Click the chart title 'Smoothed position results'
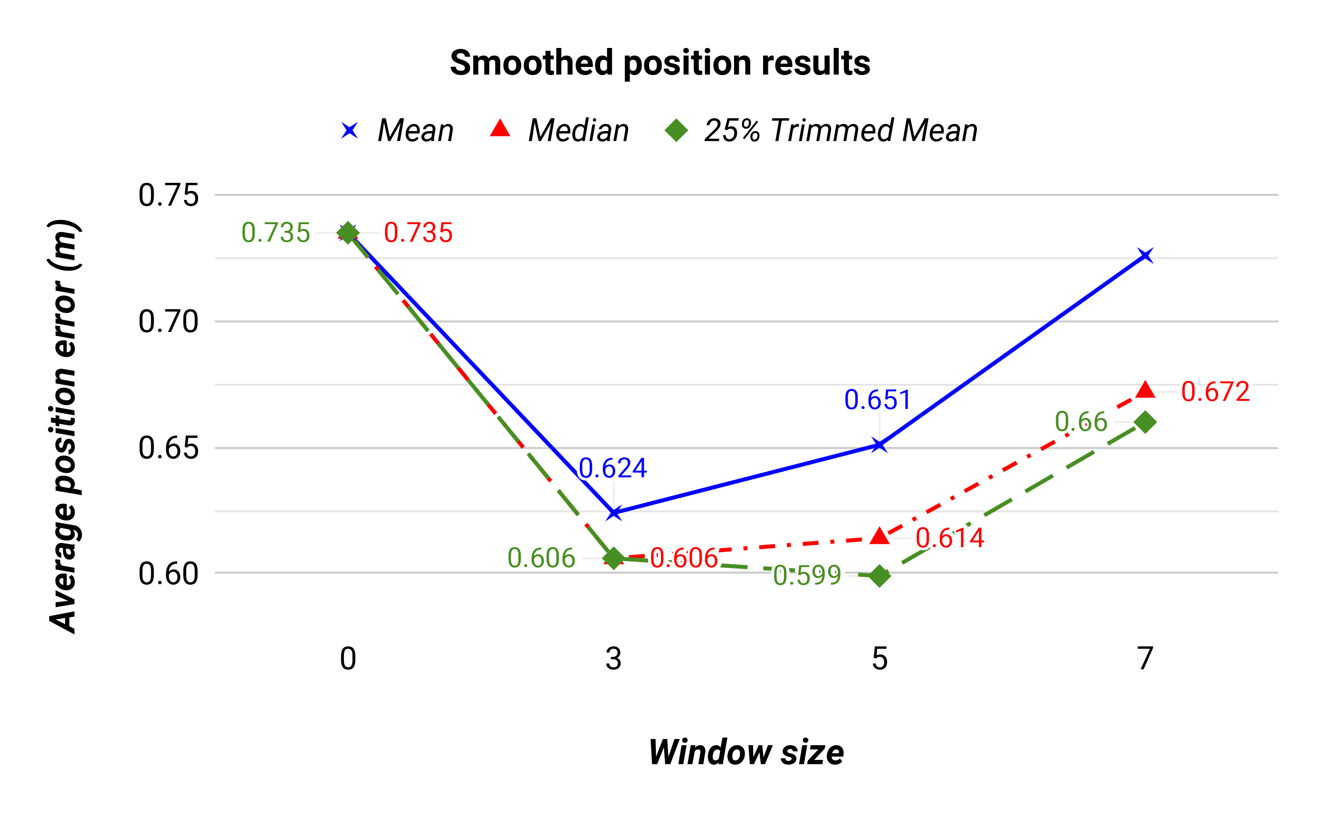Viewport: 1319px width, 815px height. click(659, 63)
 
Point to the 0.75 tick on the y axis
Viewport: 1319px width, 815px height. click(168, 195)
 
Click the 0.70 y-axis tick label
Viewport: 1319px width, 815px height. click(168, 322)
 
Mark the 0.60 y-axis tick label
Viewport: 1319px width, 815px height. click(168, 574)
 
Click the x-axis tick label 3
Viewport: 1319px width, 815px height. click(613, 659)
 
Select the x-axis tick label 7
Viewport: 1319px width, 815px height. click(1145, 659)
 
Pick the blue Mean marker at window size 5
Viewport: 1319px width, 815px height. click(879, 445)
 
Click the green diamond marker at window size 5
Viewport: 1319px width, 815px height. click(879, 576)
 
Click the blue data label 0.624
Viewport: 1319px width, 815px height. click(612, 468)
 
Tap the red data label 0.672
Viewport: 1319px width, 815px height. click(1215, 392)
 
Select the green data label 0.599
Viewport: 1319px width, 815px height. click(807, 576)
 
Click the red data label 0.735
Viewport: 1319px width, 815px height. click(418, 233)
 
